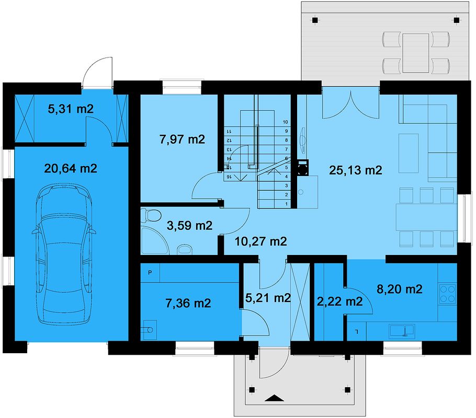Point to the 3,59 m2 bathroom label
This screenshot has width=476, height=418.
click(189, 226)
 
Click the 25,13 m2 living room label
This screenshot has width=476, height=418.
click(356, 170)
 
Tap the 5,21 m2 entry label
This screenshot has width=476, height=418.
click(268, 298)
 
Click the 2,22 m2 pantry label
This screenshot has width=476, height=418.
click(340, 301)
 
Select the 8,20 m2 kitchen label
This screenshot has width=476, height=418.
click(400, 288)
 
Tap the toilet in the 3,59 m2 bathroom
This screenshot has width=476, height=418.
click(153, 215)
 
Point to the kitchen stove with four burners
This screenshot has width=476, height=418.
click(448, 294)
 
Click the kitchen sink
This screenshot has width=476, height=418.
click(402, 330)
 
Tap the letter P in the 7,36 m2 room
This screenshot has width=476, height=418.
click(150, 272)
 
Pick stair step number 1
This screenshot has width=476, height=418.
click(285, 203)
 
